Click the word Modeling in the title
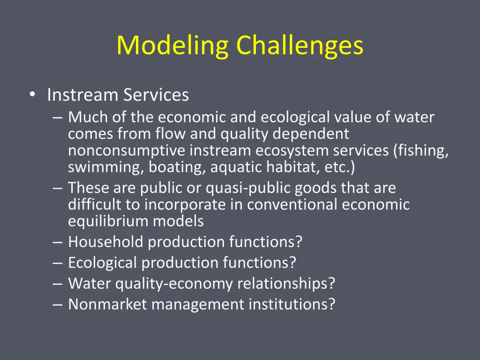[x=172, y=46]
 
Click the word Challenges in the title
[x=300, y=46]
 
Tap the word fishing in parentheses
[x=422, y=151]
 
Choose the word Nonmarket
[x=107, y=305]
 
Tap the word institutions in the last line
[x=292, y=305]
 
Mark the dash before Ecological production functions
[x=58, y=263]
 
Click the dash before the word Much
[x=58, y=117]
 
